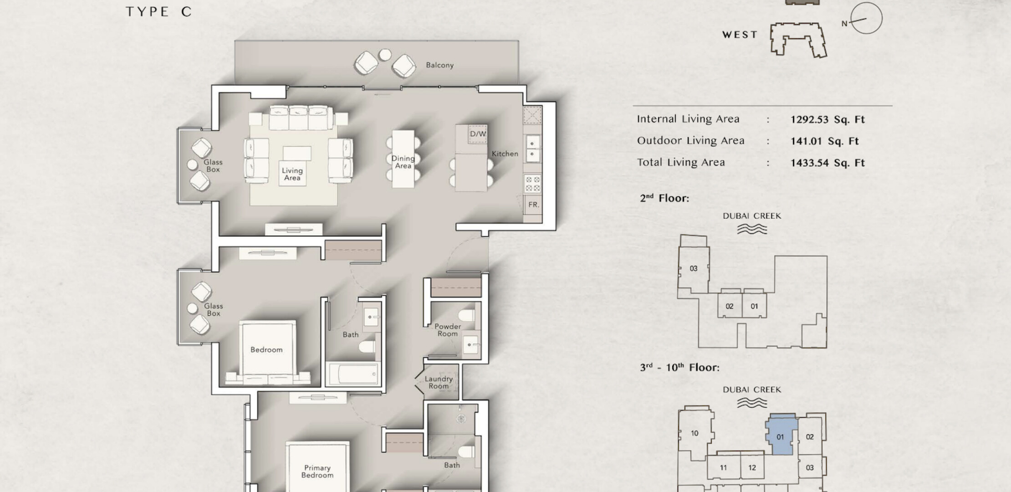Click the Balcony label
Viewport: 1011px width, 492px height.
click(439, 65)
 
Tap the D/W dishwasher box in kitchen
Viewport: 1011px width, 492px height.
click(478, 134)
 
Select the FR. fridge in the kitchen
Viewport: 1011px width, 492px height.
click(533, 205)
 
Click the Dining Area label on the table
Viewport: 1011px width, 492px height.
click(403, 162)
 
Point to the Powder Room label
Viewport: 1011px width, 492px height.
click(447, 330)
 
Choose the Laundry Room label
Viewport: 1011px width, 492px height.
click(439, 382)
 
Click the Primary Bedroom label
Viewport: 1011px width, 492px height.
click(317, 471)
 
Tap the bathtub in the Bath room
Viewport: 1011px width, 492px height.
click(353, 374)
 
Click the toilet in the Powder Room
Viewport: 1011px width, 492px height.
click(467, 314)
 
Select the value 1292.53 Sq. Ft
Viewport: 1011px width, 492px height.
click(827, 119)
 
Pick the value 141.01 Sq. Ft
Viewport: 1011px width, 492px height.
click(824, 141)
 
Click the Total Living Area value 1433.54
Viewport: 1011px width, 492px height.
click(827, 163)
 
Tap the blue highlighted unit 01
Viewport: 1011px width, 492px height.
click(780, 435)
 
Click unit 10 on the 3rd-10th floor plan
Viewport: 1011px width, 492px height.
click(694, 433)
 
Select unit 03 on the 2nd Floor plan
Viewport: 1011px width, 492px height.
click(694, 268)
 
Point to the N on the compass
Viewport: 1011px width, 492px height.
click(844, 24)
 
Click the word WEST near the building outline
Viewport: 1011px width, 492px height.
click(740, 35)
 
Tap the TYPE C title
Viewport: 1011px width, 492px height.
click(158, 12)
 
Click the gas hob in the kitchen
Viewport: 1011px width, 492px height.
click(533, 184)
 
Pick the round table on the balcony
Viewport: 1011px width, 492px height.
click(385, 55)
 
